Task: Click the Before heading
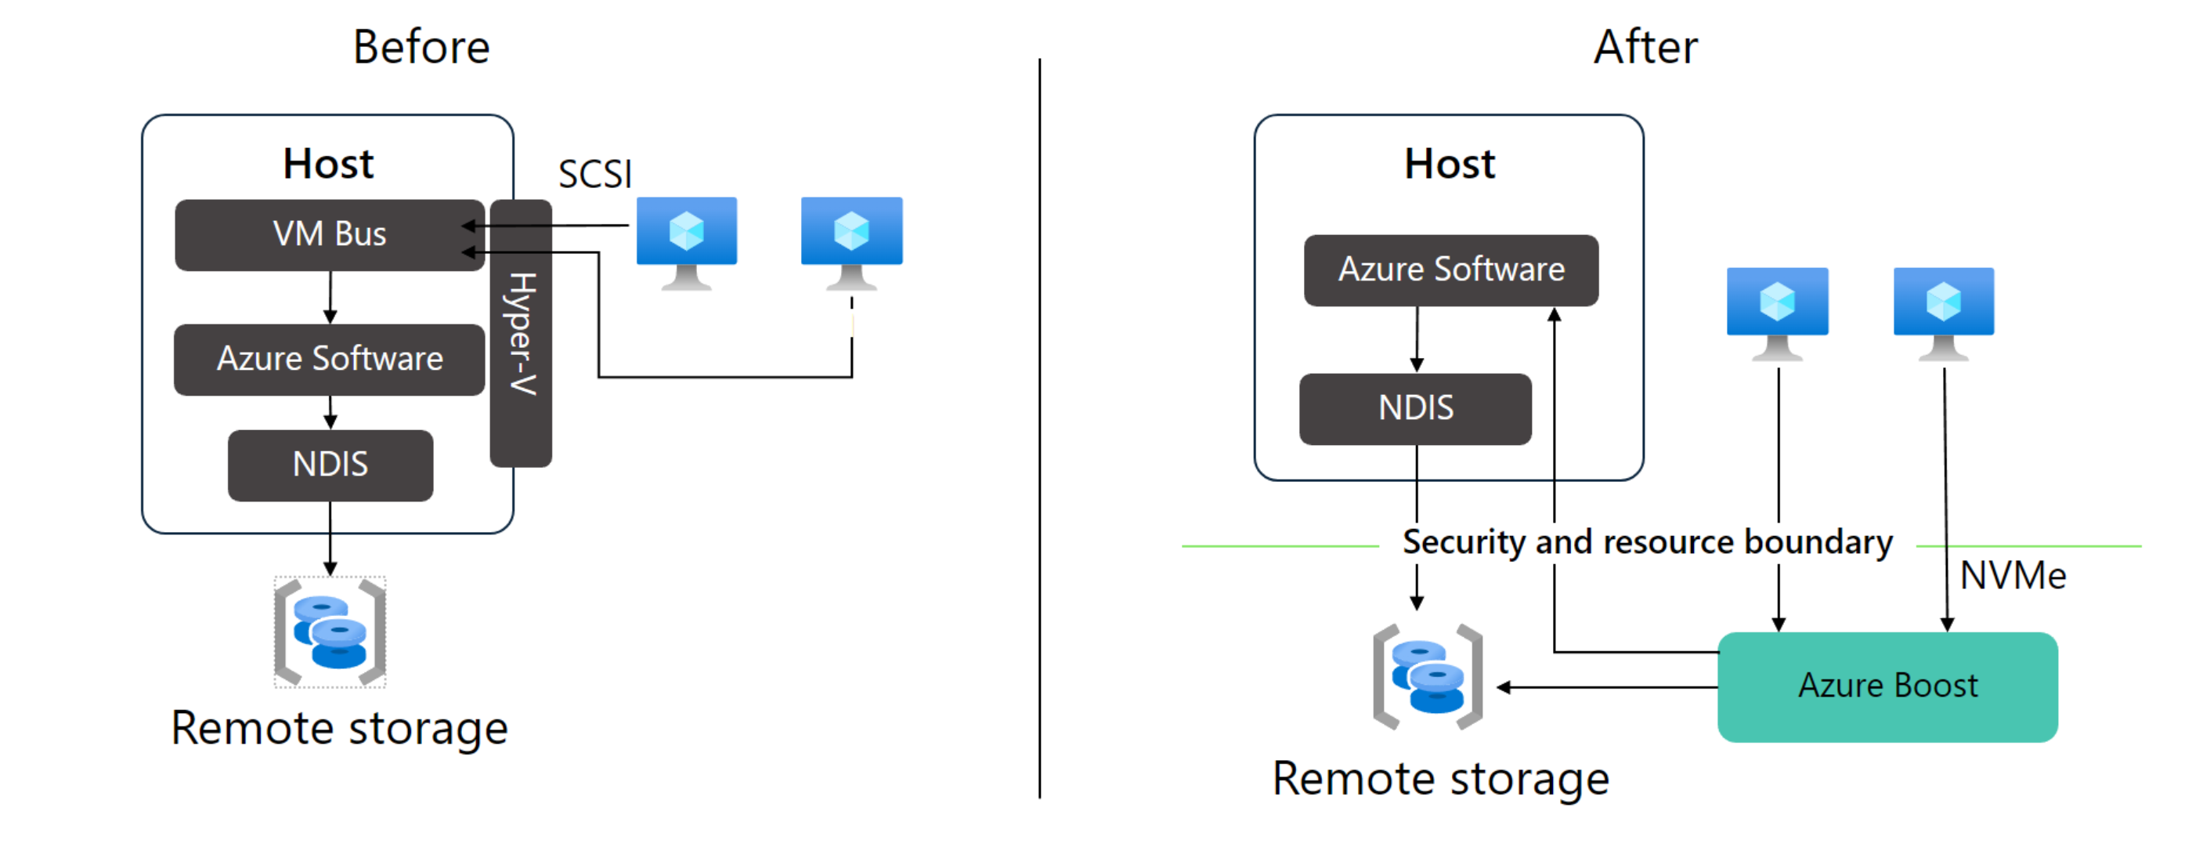[421, 47]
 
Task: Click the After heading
[1645, 47]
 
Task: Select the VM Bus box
[330, 235]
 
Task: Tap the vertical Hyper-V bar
[521, 334]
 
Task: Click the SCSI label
[595, 175]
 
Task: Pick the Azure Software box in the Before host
[330, 359]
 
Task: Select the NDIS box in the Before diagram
[330, 465]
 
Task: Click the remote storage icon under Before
[330, 632]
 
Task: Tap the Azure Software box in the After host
[1451, 270]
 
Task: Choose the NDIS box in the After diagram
[1415, 408]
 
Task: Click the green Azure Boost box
[1887, 686]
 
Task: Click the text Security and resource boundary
[1647, 542]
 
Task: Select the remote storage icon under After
[1428, 677]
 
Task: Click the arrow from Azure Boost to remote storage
[1609, 687]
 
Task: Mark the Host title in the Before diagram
[328, 164]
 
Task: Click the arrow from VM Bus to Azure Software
[330, 297]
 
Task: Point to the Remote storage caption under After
[1439, 778]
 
